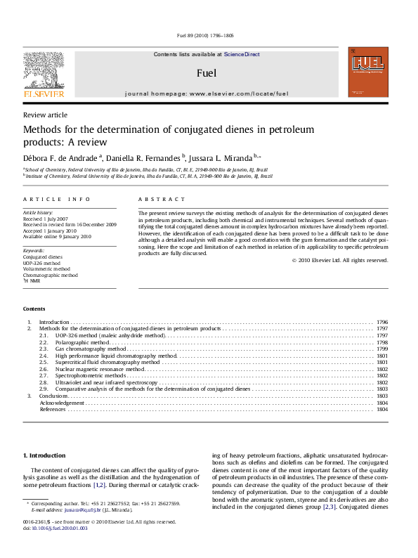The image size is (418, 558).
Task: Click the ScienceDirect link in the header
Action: coord(242,54)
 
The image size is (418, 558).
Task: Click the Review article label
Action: coord(45,115)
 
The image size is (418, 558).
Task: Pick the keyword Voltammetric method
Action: coord(46,268)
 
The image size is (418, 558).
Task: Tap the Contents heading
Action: coord(34,309)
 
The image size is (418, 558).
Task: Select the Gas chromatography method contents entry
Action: coord(92,349)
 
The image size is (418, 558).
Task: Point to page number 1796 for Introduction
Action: coord(381,322)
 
